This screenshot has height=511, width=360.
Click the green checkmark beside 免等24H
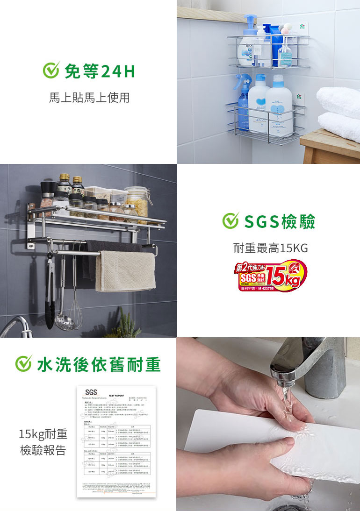50,71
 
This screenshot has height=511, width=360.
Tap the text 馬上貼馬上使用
89,98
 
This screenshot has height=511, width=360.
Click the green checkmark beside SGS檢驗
230,221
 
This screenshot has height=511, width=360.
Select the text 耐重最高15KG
271,248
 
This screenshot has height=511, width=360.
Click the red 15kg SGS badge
271,276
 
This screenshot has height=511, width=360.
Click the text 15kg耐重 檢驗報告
43,443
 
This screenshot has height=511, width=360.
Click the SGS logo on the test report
89,391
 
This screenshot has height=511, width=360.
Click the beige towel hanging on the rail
125,271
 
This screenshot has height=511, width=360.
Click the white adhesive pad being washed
243,444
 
